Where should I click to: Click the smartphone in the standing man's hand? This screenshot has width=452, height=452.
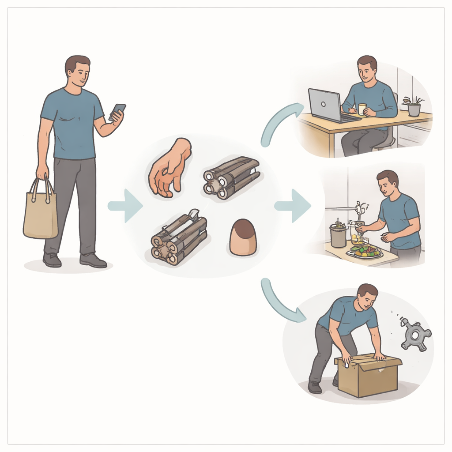[x=117, y=112]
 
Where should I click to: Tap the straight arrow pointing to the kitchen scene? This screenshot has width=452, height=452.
[x=293, y=206]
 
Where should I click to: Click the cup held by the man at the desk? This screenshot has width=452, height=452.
[x=362, y=109]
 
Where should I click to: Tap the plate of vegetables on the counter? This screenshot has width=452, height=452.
[x=365, y=252]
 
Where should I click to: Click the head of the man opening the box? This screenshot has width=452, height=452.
[x=367, y=297]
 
